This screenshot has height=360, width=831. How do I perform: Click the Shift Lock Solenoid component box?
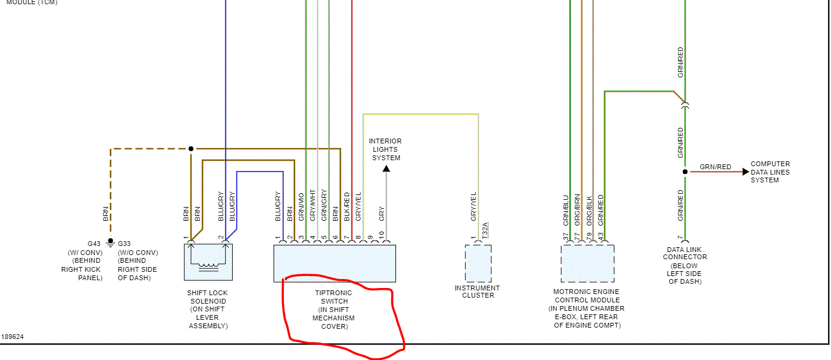click(208, 262)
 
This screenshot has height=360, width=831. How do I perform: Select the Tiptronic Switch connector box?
click(335, 263)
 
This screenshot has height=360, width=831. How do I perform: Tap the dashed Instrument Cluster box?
click(478, 263)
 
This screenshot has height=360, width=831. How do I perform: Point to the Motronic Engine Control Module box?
click(587, 263)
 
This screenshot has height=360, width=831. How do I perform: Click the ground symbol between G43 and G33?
click(110, 243)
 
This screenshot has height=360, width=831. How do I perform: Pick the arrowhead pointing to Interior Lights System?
click(386, 169)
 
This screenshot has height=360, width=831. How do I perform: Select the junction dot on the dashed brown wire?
click(191, 149)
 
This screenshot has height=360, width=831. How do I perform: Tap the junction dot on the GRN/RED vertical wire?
click(685, 172)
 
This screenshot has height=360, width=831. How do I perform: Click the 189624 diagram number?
click(12, 337)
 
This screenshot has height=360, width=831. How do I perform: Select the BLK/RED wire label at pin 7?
click(347, 207)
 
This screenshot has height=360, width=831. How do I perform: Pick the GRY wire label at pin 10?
click(382, 214)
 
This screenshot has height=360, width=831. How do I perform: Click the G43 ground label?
click(94, 244)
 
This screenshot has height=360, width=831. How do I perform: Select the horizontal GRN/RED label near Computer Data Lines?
click(715, 167)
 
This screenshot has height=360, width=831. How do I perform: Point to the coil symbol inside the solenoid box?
click(208, 265)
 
